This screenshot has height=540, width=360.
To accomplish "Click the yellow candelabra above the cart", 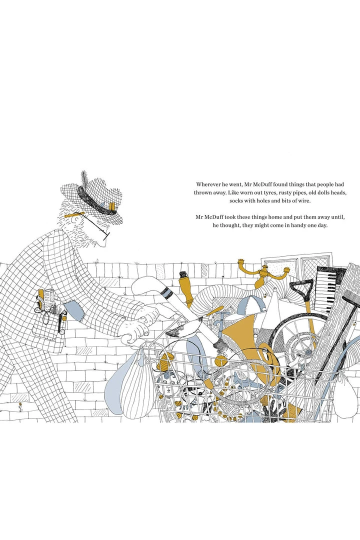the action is [x=264, y=271].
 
